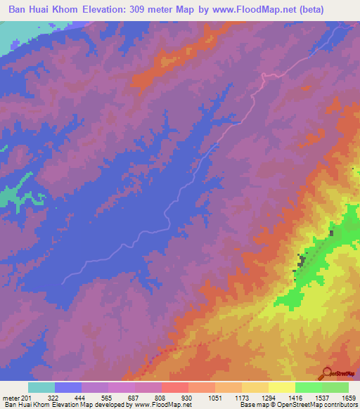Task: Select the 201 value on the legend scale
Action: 27,398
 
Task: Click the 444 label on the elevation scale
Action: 81,398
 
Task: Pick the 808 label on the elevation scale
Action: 161,398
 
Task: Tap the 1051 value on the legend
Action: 214,398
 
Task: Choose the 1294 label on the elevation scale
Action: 268,398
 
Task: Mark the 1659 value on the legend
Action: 349,398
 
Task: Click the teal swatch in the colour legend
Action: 41,387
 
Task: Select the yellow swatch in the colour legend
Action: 281,387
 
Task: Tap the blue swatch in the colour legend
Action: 68,387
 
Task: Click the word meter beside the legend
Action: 11,398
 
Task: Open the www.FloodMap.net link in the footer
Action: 162,405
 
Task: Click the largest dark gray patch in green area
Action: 302,261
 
